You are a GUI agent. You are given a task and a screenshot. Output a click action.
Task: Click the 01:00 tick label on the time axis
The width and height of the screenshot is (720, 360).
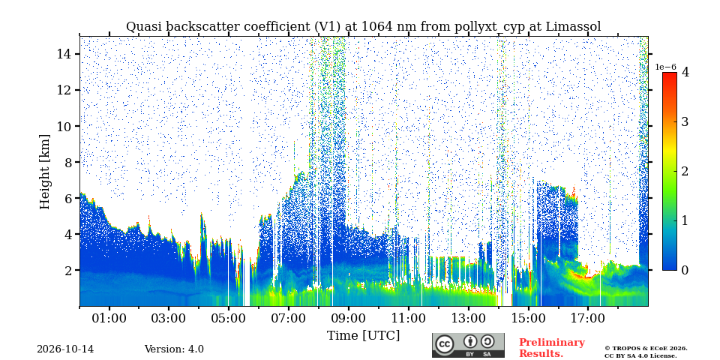pos(109,318)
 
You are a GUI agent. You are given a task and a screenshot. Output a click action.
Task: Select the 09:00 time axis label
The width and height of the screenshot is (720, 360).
pos(349,318)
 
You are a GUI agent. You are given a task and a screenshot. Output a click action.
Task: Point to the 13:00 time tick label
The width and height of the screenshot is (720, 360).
pos(468,318)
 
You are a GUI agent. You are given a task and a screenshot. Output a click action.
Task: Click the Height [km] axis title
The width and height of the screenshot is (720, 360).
pos(44,172)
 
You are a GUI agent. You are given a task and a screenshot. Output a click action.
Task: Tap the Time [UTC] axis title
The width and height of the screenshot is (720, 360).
pos(363,336)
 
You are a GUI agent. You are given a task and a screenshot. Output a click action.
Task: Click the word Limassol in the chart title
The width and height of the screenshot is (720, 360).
pos(574,27)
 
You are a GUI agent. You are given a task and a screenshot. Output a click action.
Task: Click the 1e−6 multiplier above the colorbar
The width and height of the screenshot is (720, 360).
pos(666,67)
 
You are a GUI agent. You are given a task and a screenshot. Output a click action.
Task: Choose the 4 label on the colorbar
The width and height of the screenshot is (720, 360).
pos(685,72)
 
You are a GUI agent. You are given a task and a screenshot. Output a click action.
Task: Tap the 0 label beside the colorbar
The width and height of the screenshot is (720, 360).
pos(685,270)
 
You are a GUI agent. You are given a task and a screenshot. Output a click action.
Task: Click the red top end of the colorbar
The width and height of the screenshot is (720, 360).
pos(670,74)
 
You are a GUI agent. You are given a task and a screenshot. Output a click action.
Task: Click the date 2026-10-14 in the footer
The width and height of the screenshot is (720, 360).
pos(65,349)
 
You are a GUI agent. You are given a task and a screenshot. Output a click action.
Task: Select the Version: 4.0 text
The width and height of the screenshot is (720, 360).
pos(174,349)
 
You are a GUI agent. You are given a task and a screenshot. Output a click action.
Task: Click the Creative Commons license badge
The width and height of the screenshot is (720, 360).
pos(468,345)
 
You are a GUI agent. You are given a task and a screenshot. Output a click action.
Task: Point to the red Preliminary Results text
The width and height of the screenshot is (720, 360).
pos(552,347)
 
